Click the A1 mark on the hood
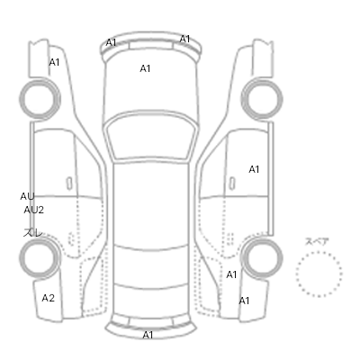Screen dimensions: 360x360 pos(145,68)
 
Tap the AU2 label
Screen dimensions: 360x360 pos(34,210)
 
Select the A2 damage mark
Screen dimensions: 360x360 pos(49,298)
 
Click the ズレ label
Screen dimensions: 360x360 pos(33,233)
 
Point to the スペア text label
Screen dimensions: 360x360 pos(317,241)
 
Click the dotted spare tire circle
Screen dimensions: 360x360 pos(319,252)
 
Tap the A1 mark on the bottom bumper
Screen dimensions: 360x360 pos(148,335)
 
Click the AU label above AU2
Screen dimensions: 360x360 pos(27,196)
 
